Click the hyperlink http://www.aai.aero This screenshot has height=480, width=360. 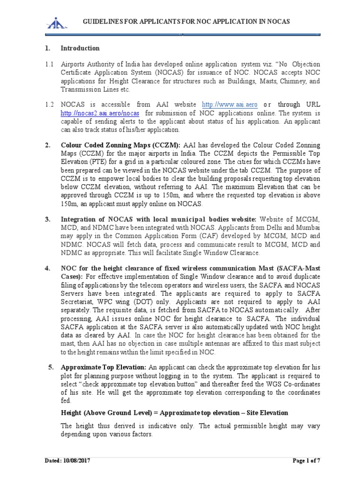[x=230, y=105]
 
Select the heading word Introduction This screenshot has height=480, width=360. [x=80, y=48]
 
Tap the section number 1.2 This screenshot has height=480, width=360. [x=49, y=105]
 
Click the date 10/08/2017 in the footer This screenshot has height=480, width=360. [x=76, y=461]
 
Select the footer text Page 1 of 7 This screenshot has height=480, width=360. [x=307, y=461]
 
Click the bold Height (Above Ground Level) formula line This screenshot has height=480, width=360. [x=174, y=412]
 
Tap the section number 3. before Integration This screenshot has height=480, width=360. [x=47, y=219]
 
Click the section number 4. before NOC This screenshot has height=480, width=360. [x=47, y=268]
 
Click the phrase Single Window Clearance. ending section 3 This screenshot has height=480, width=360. [x=220, y=253]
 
